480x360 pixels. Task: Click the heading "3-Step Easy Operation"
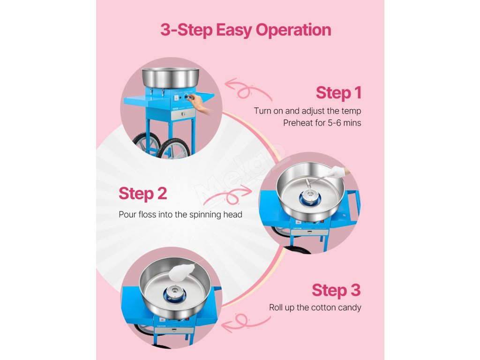coord(246,30)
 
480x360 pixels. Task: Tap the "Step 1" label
coord(338,93)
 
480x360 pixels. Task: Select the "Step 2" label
coord(142,194)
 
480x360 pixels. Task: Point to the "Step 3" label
coord(336,290)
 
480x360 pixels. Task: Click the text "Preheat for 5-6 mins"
coord(322,123)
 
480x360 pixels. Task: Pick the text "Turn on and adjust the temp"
coord(307,111)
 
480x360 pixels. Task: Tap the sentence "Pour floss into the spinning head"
coord(180,215)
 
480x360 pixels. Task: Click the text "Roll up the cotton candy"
coord(315,307)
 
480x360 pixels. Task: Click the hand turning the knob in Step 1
coord(201,103)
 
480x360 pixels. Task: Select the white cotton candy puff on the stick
coord(182,272)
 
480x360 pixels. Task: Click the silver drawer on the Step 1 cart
coord(183,114)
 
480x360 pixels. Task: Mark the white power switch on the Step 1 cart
coord(177,97)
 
